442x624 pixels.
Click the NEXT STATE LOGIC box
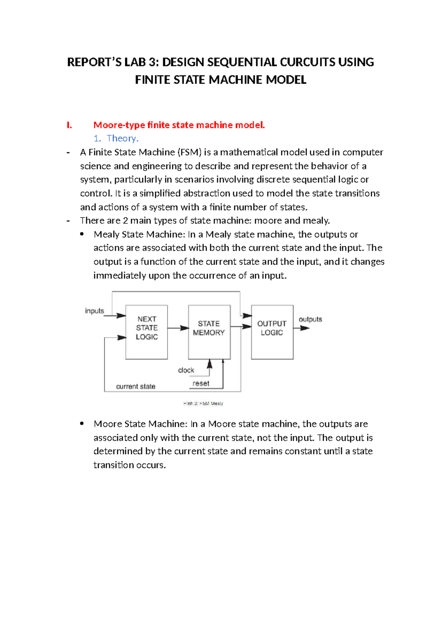click(x=147, y=332)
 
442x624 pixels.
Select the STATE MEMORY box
click(x=209, y=332)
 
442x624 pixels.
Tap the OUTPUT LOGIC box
click(x=272, y=332)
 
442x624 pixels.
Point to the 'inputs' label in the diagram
click(x=95, y=311)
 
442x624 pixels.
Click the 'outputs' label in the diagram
click(x=310, y=319)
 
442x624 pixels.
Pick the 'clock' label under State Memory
click(x=186, y=370)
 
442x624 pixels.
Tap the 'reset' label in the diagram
click(x=201, y=383)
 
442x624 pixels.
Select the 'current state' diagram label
click(x=136, y=386)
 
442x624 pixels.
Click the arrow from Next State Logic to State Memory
click(x=178, y=328)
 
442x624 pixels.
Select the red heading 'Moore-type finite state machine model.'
click(x=179, y=125)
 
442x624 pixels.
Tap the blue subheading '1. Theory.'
click(x=116, y=138)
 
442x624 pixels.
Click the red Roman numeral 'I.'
click(x=69, y=125)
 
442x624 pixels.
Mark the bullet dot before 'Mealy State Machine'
click(x=82, y=234)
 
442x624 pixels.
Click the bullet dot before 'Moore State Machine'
click(x=82, y=423)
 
